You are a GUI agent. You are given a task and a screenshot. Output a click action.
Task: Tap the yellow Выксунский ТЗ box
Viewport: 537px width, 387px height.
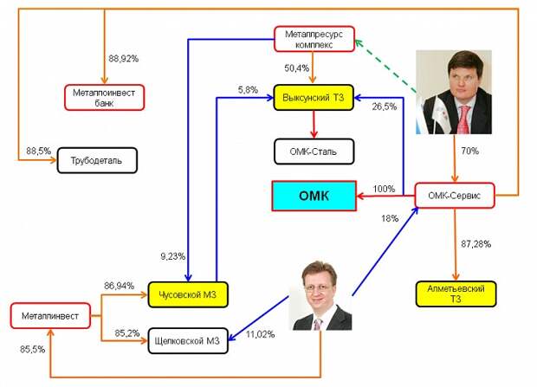click(314, 97)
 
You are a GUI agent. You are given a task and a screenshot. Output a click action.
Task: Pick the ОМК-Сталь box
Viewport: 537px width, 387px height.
click(314, 152)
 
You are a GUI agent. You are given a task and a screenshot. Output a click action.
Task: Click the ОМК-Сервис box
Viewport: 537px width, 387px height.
click(455, 197)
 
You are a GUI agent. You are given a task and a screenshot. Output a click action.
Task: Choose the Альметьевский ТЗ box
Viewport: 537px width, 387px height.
click(456, 293)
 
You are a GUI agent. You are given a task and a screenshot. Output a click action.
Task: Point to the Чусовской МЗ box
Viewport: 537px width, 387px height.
click(186, 295)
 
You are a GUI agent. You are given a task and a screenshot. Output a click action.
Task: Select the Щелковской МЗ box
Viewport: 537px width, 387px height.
click(187, 340)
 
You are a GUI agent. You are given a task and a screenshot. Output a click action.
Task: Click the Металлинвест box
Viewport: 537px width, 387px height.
click(50, 317)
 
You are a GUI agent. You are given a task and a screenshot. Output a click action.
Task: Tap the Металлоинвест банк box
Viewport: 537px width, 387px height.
click(104, 97)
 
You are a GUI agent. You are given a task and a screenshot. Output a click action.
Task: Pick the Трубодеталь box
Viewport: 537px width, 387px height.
click(97, 162)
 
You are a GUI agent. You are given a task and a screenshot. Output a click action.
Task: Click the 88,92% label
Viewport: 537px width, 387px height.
click(125, 59)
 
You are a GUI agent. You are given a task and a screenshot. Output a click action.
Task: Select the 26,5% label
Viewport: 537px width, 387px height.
click(385, 107)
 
